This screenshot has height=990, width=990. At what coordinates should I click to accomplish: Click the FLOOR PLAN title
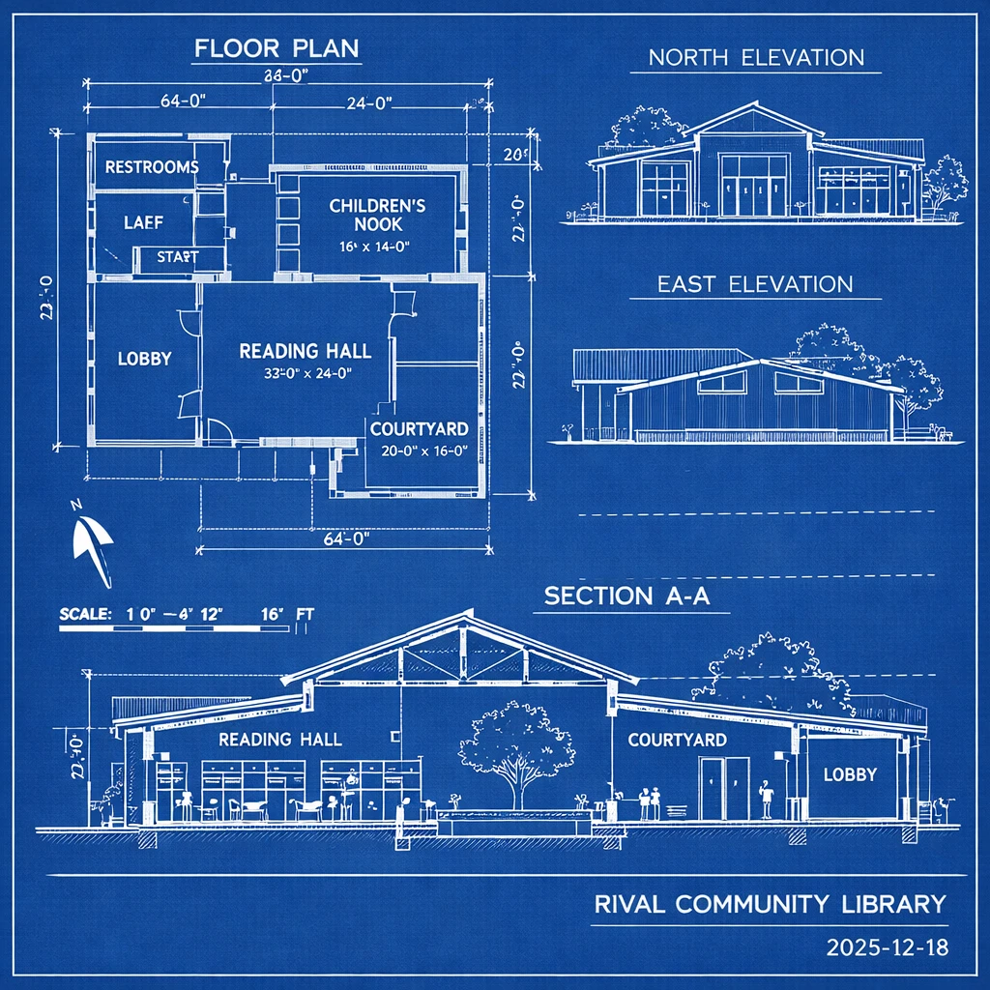click(276, 48)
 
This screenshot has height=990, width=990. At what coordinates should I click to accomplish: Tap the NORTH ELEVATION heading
click(755, 57)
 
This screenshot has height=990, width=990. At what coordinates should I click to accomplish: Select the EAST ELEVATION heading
click(755, 284)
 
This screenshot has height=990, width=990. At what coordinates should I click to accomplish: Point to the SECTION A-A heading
click(626, 596)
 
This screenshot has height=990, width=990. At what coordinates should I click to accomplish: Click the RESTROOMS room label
click(152, 167)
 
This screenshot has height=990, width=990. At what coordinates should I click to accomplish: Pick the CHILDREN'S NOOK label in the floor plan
click(377, 215)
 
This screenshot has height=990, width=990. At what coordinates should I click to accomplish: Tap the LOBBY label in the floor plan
click(144, 358)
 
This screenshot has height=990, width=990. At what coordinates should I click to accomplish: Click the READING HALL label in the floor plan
click(306, 351)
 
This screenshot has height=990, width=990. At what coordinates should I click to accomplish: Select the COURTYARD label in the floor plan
click(420, 428)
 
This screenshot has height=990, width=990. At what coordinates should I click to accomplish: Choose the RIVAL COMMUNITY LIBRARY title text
click(769, 905)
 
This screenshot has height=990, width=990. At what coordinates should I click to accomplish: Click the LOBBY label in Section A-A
click(850, 774)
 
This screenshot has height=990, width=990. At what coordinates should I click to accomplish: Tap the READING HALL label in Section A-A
click(279, 740)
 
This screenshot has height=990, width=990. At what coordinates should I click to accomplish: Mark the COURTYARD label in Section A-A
click(677, 740)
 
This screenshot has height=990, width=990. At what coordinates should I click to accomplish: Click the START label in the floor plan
click(177, 256)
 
